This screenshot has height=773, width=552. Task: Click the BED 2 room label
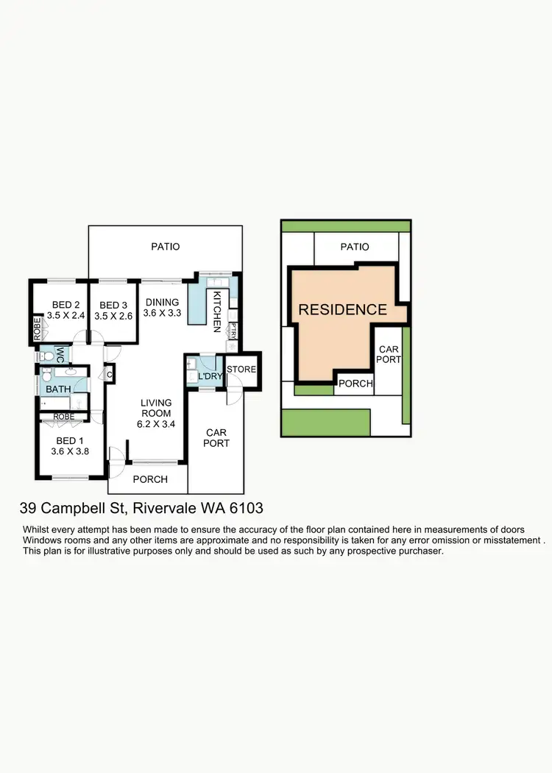[x=66, y=305]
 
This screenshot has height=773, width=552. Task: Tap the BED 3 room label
[x=113, y=305]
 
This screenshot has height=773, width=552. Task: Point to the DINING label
[x=161, y=302]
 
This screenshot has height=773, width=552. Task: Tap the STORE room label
[x=241, y=369]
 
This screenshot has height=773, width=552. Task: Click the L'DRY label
[x=210, y=377]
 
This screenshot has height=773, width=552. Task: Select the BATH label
[x=57, y=389]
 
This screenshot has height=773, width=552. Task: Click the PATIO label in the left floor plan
[x=166, y=247]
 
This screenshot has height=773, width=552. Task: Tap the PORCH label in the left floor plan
[x=150, y=479]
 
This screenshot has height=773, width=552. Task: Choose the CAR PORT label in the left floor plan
[x=217, y=438]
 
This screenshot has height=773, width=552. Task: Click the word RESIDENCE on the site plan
[x=342, y=309]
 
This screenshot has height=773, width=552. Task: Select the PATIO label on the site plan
[x=355, y=247]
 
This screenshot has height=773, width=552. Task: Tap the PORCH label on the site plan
[x=355, y=384]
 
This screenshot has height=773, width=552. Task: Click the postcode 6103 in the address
[x=247, y=509]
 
